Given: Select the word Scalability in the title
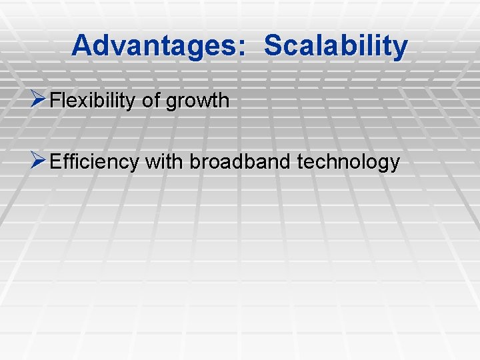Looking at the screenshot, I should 335,45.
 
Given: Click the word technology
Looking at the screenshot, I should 350,163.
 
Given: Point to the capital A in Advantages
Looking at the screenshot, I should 81,45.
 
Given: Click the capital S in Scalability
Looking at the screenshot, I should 273,45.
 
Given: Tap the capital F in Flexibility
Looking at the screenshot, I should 55,101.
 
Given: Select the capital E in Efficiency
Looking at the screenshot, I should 56,161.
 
